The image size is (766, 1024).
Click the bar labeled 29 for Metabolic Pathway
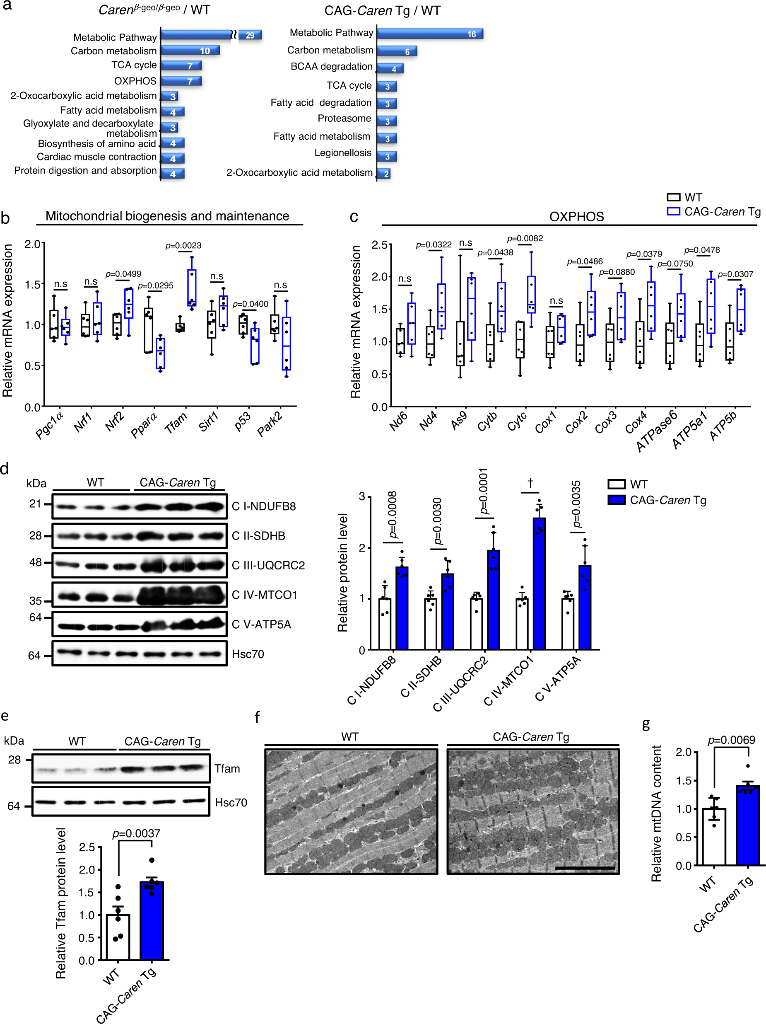point(250,35)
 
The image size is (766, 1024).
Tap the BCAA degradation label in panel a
point(331,67)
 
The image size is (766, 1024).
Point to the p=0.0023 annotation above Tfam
point(184,245)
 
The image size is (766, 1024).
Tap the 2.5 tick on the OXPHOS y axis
point(379,245)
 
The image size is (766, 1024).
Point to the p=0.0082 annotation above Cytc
point(525,238)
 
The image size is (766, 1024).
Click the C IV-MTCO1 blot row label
point(264,595)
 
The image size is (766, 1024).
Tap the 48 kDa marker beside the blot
point(36,562)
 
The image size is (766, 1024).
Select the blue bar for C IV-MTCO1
point(539,583)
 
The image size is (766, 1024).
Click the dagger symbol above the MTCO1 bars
point(530,483)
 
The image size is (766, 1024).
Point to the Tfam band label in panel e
point(227,769)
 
